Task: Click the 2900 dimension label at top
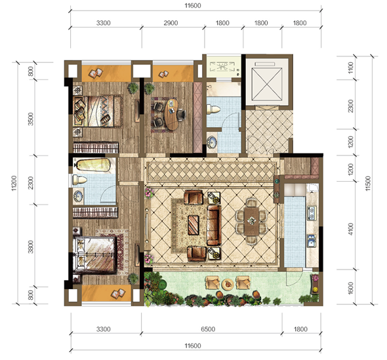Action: pos(171,23)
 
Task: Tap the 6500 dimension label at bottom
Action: pos(208,329)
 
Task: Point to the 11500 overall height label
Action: pos(368,184)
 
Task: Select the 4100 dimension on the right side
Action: pos(350,229)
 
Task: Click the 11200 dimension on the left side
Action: pos(14,183)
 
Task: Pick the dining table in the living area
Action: pos(252,221)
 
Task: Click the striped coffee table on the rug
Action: pos(193,225)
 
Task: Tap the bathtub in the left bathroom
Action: pos(93,165)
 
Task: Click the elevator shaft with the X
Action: pos(267,84)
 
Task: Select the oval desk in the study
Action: pos(172,114)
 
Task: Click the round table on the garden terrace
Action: pos(228,284)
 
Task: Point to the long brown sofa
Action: pos(214,225)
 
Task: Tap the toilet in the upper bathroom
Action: pos(213,110)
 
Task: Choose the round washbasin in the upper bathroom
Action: pos(211,142)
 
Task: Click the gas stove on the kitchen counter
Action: pos(312,213)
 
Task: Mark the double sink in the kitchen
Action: pos(312,241)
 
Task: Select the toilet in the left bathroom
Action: pos(79,180)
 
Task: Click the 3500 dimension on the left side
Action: pos(31,119)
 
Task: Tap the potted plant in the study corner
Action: pos(150,89)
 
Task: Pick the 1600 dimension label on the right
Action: pos(350,288)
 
